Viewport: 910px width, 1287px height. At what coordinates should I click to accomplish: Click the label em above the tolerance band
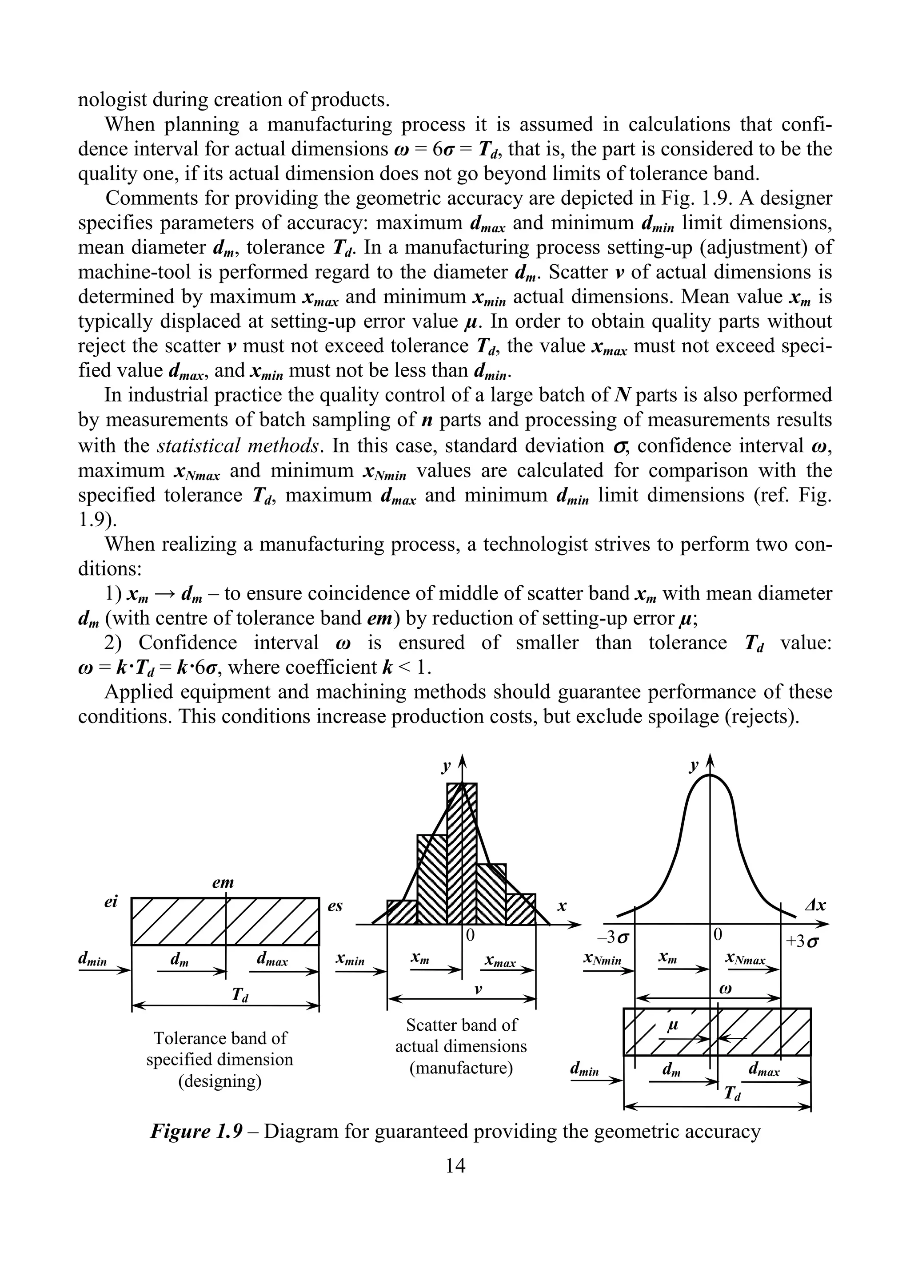coord(223,883)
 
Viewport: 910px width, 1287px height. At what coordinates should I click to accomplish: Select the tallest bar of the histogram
coord(462,852)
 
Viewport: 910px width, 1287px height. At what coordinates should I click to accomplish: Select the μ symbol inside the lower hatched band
coord(673,1026)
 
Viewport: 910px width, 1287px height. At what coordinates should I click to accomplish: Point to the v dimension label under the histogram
coord(477,989)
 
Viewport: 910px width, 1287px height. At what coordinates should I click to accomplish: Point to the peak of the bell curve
coord(710,776)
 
